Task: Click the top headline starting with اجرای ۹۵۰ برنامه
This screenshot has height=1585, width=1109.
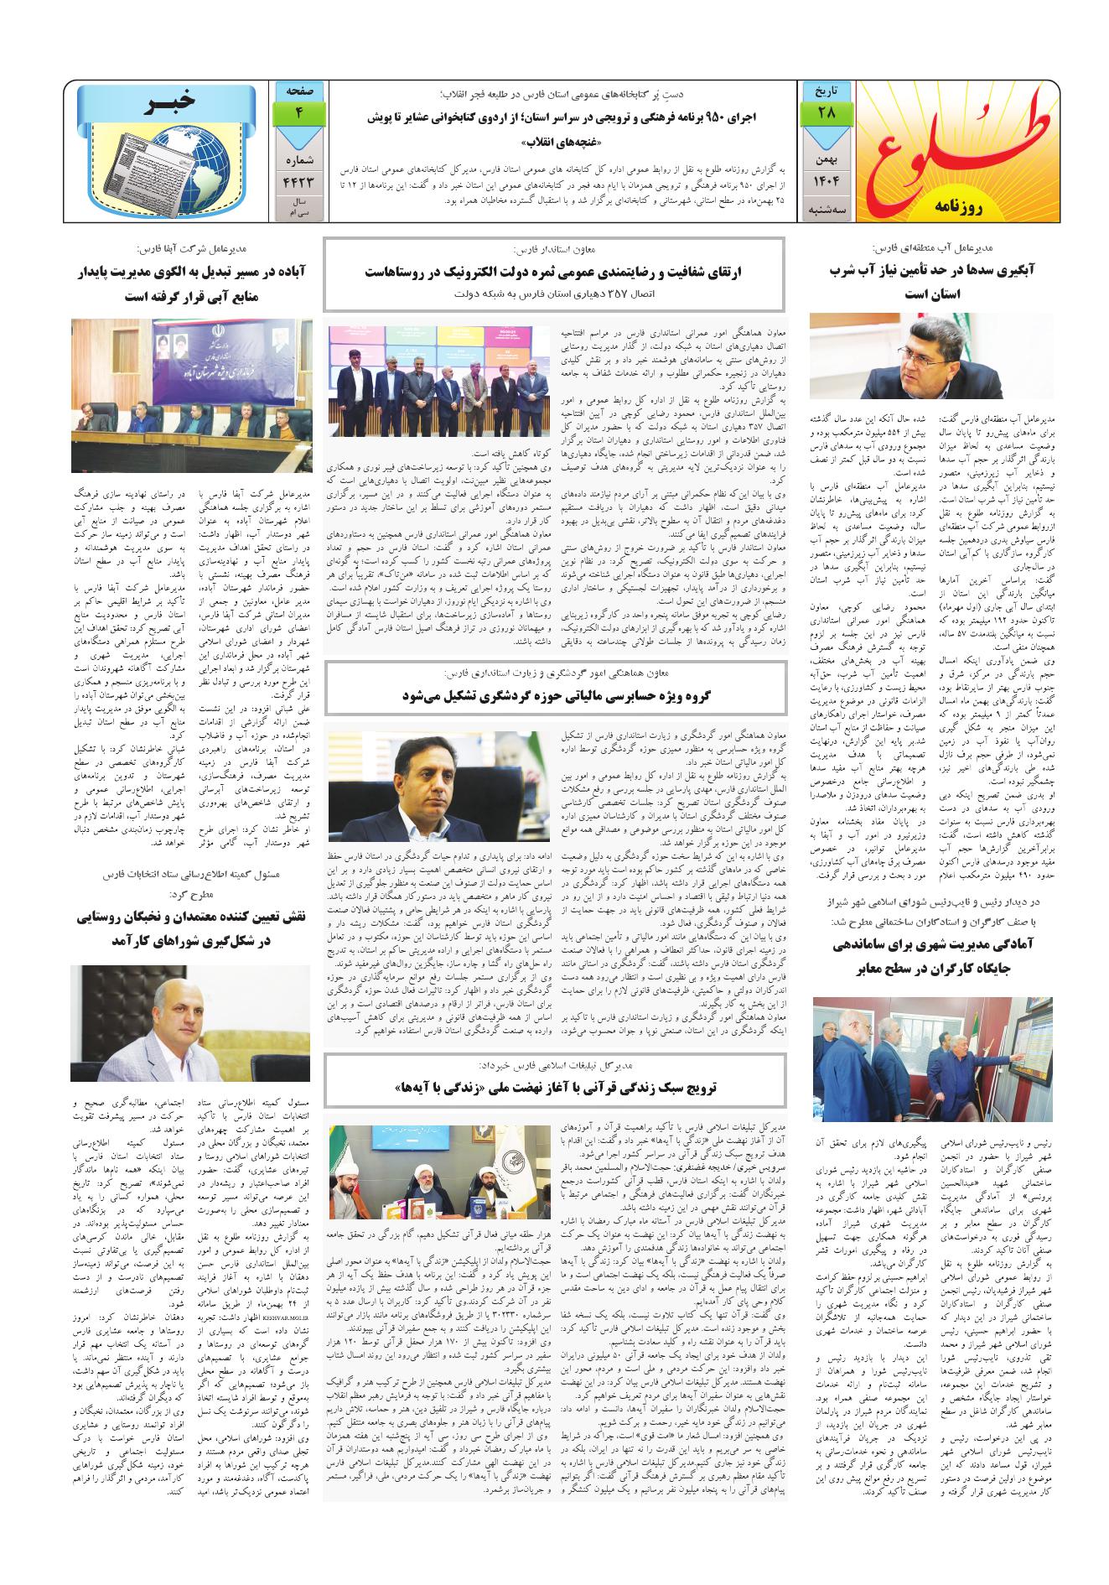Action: tap(562, 119)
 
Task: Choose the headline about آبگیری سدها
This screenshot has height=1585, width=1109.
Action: tap(931, 282)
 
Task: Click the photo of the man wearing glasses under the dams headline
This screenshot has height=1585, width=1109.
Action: tap(932, 356)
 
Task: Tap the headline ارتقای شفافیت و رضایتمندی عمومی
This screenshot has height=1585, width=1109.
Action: tap(555, 272)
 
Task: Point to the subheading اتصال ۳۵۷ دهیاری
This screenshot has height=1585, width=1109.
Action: tap(555, 295)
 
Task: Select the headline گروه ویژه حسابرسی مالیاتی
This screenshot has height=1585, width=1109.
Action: tap(555, 694)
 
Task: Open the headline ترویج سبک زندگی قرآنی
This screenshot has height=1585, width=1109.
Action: tap(555, 1086)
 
